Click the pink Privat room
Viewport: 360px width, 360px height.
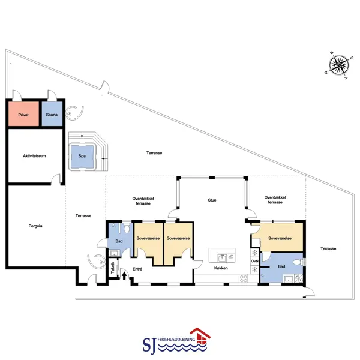[23, 114]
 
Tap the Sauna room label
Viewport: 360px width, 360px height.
[52, 115]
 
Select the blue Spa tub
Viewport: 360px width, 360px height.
[82, 157]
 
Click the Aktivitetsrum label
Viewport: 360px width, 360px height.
[34, 156]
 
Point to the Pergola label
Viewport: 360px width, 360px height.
[35, 226]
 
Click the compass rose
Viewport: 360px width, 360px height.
[339, 65]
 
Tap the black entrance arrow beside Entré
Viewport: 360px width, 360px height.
[124, 275]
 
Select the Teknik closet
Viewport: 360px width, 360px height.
[113, 268]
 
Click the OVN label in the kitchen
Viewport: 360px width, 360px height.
[254, 261]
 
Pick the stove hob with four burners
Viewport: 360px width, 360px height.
[244, 278]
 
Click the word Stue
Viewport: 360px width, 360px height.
[212, 200]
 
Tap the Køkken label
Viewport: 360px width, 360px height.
[221, 268]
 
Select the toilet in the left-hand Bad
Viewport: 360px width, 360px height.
[127, 228]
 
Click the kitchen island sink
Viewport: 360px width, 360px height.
[222, 258]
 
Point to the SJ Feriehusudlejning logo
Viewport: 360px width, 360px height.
[176, 341]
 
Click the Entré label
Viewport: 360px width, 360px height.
[137, 269]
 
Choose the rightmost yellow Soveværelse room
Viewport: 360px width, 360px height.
[280, 238]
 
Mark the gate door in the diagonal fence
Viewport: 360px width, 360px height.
[104, 87]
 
